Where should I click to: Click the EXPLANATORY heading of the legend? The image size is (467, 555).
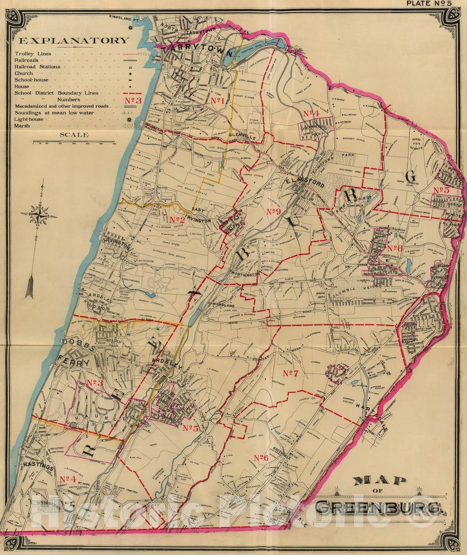pyautogui.click(x=74, y=41)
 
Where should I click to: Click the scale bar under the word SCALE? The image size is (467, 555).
pyautogui.click(x=74, y=142)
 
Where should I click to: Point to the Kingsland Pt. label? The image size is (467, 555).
pyautogui.click(x=124, y=19)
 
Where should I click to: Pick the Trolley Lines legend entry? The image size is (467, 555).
pyautogui.click(x=33, y=54)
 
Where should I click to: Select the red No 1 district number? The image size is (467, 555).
pyautogui.click(x=217, y=101)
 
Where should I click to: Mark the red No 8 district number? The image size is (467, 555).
pyautogui.click(x=395, y=248)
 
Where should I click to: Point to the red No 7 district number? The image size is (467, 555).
pyautogui.click(x=291, y=373)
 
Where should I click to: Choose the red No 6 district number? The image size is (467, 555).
pyautogui.click(x=261, y=458)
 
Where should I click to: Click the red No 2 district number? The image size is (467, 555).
pyautogui.click(x=177, y=219)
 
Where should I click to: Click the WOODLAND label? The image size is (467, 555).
pyautogui.click(x=223, y=305)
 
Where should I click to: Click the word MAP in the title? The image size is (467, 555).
pyautogui.click(x=379, y=481)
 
